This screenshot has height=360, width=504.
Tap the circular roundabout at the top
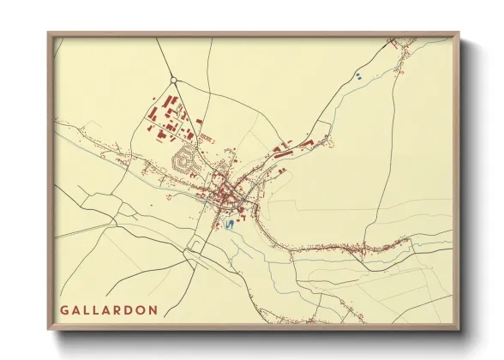(174, 81)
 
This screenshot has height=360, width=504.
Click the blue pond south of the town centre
(229, 225)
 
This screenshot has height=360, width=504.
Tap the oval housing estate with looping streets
(183, 159)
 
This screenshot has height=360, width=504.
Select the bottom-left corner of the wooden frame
(50, 328)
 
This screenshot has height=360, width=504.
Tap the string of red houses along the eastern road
(369, 249)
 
